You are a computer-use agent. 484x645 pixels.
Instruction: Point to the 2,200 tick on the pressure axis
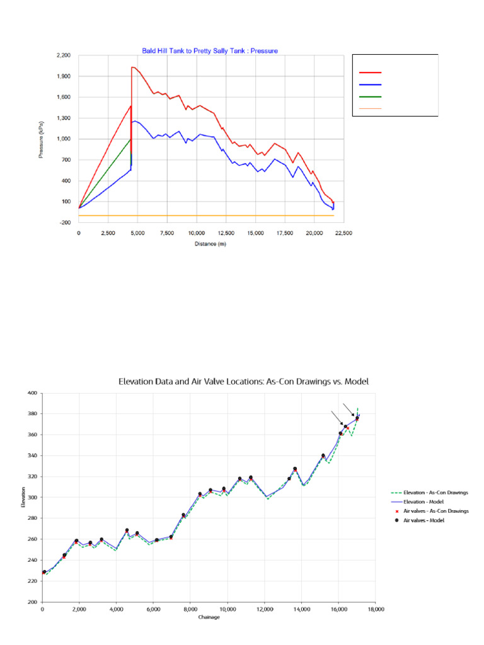pos(63,55)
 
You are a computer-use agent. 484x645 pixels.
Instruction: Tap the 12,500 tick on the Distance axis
pos(226,232)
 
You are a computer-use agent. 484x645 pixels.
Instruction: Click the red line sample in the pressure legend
pos(371,74)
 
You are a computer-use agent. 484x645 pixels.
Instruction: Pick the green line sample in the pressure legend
pos(371,97)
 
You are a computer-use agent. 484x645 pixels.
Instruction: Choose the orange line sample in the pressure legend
pos(371,108)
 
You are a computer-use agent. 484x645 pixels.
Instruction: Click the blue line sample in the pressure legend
pos(371,85)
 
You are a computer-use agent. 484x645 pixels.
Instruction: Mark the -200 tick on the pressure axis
pos(64,222)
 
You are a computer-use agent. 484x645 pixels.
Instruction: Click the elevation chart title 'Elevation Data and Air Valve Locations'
pos(243,381)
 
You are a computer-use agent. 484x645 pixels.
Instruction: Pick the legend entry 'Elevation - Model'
pos(425,501)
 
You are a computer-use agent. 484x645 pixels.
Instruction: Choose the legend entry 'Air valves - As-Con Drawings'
pos(435,511)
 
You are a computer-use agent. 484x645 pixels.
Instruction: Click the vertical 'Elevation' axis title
pos(23,498)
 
